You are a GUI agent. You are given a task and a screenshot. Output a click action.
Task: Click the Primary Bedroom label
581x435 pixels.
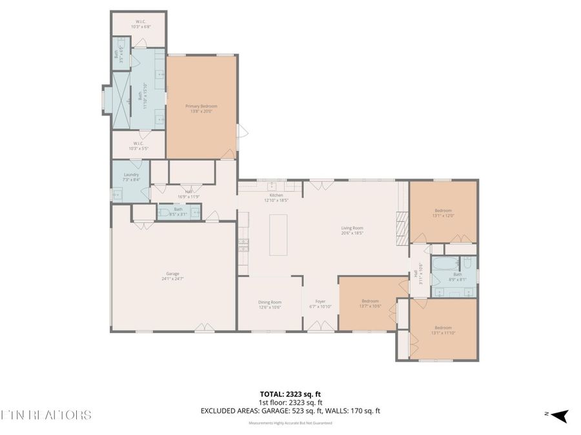pos(201,109)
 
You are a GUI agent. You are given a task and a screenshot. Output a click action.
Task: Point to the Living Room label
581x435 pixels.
pos(352,230)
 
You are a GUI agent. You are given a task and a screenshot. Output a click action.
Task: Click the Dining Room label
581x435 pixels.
pos(270,304)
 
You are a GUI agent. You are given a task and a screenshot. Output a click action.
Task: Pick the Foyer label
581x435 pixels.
pos(320,304)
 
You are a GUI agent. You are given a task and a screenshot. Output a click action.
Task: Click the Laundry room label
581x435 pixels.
pos(131,177)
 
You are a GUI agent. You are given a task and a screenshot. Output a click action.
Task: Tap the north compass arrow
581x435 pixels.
pos(559,416)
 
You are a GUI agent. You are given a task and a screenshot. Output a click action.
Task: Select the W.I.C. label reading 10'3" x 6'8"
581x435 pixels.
pos(140,24)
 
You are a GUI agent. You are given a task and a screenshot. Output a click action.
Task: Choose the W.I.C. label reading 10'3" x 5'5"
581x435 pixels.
pos(139,146)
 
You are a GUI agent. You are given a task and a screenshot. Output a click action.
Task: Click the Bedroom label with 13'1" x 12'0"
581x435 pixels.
pos(443,213)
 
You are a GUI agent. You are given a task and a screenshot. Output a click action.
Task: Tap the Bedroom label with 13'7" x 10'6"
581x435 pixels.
pos(370,304)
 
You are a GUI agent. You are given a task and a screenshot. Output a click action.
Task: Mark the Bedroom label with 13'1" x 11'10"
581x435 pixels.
pos(443,330)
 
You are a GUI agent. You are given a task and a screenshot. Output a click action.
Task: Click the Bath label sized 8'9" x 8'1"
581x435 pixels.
pos(457,276)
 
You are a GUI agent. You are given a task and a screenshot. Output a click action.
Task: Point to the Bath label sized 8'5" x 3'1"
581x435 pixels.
pos(178,211)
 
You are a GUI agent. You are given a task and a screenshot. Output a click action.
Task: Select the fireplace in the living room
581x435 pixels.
pos(402,228)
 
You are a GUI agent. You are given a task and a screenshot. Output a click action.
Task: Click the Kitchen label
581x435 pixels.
pos(276,197)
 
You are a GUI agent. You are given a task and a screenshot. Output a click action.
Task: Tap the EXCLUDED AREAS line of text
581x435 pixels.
pos(290,411)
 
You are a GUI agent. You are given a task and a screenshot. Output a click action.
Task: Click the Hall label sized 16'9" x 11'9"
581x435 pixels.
pos(189,193)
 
